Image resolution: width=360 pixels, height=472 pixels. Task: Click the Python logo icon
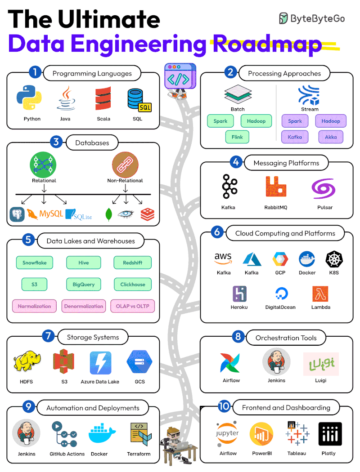click(29, 98)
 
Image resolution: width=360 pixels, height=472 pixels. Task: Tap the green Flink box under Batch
click(237, 137)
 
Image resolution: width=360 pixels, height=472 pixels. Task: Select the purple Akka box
click(331, 137)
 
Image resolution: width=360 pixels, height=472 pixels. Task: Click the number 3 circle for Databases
click(56, 142)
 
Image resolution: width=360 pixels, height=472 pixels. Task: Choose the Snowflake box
click(35, 263)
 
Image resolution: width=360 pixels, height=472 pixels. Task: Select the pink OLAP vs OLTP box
click(133, 306)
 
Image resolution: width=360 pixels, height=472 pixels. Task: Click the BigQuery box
click(84, 284)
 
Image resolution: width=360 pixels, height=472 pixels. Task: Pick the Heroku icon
click(239, 294)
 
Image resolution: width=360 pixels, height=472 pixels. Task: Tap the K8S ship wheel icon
click(334, 259)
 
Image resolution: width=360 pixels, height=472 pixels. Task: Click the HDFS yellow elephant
click(26, 363)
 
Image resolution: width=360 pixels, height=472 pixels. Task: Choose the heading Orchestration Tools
click(286, 338)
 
